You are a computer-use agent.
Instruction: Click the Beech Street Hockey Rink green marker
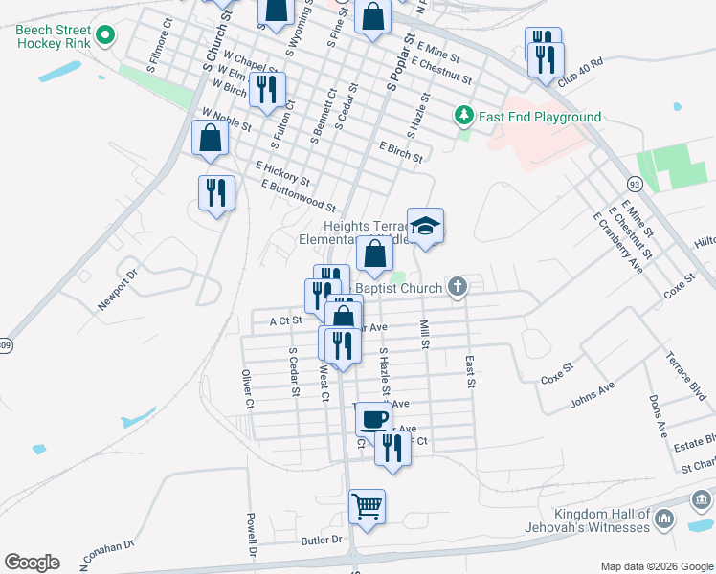click(x=105, y=38)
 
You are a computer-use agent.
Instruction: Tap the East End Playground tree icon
click(x=464, y=116)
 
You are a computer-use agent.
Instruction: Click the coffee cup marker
click(x=372, y=417)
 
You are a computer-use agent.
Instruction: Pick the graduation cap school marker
click(x=425, y=226)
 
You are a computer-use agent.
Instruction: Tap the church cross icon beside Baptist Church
click(x=459, y=286)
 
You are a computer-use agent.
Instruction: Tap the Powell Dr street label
click(x=253, y=536)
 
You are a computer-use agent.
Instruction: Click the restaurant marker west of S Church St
click(x=216, y=192)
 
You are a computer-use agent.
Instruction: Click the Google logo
click(x=32, y=563)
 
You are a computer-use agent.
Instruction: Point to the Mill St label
click(x=424, y=334)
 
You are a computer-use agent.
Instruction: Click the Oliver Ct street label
click(x=247, y=388)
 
